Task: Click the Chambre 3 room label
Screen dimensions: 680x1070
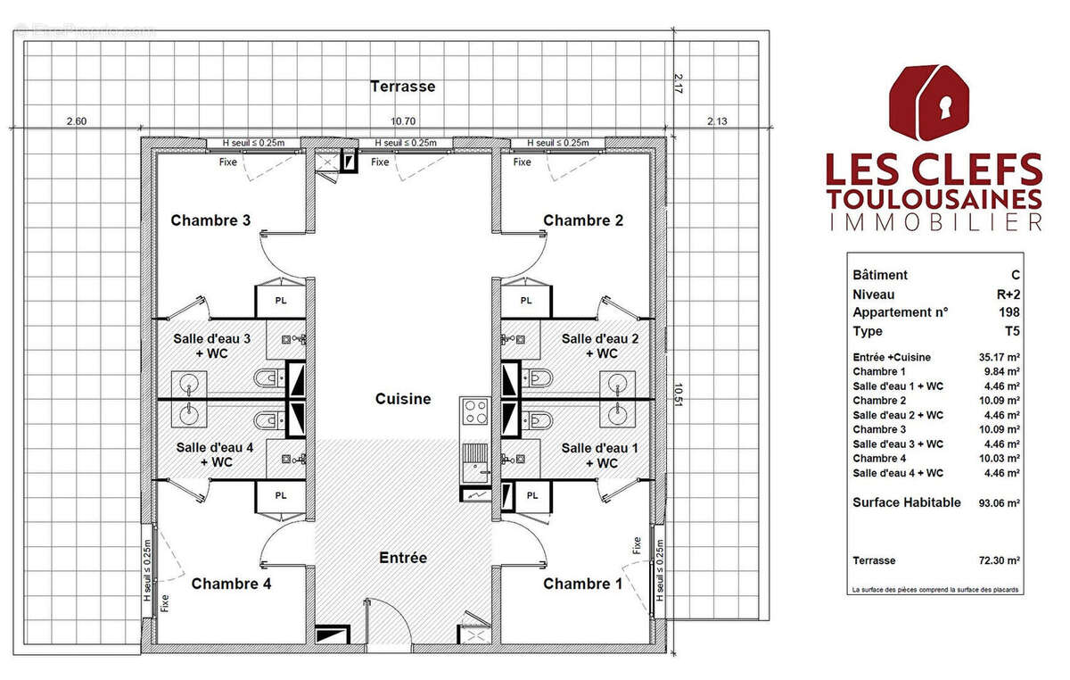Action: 210,220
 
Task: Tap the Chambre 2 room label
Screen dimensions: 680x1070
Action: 583,220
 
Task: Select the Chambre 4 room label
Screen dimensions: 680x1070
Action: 231,584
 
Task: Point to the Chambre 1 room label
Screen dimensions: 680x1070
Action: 583,584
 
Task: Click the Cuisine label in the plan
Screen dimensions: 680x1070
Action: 403,399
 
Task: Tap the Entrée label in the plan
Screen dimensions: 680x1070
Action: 403,558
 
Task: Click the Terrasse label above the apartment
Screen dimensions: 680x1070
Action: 403,87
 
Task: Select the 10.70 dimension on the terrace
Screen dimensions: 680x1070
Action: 403,120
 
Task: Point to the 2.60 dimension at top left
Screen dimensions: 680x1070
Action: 77,120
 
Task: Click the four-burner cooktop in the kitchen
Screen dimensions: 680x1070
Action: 474,412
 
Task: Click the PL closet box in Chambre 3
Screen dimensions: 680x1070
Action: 281,301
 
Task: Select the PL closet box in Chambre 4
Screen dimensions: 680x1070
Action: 281,495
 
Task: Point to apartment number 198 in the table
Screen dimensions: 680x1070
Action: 1009,312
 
